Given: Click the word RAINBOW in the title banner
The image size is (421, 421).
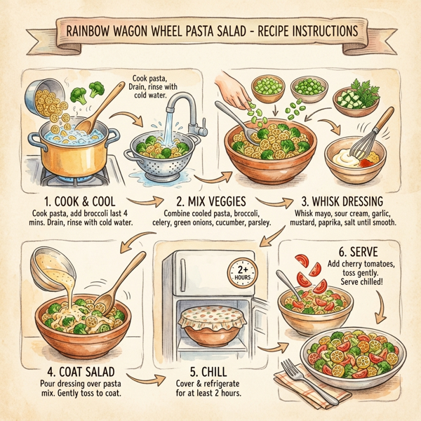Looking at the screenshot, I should tap(93, 32).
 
